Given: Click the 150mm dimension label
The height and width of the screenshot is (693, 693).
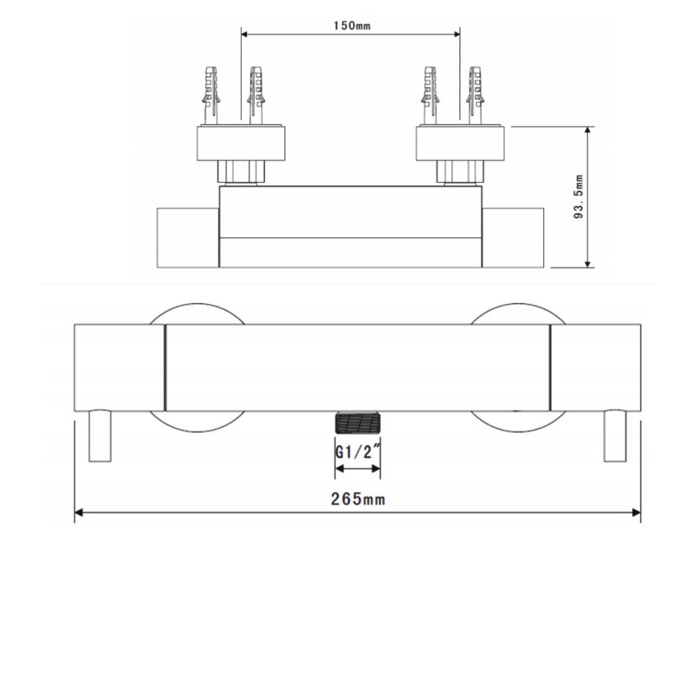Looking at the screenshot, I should tap(352, 24).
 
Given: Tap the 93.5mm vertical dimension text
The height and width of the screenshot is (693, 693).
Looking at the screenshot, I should tap(580, 198).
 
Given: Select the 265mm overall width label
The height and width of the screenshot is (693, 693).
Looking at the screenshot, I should tap(357, 498).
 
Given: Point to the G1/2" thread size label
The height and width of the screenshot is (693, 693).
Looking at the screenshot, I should tap(358, 452).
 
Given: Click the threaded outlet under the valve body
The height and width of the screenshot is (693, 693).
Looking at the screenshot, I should tap(358, 424).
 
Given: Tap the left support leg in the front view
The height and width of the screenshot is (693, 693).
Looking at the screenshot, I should tap(100, 438).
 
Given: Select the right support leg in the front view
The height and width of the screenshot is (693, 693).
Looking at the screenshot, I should tap(616, 438).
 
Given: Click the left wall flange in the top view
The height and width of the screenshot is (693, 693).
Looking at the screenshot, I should tap(242, 144).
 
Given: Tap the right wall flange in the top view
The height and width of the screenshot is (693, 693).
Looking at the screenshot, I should tap(459, 144).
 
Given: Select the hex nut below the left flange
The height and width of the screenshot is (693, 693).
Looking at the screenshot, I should tap(242, 172).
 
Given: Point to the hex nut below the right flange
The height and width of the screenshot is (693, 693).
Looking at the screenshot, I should tap(459, 172).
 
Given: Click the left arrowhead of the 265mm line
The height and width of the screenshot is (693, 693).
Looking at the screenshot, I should tap(79, 513).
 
